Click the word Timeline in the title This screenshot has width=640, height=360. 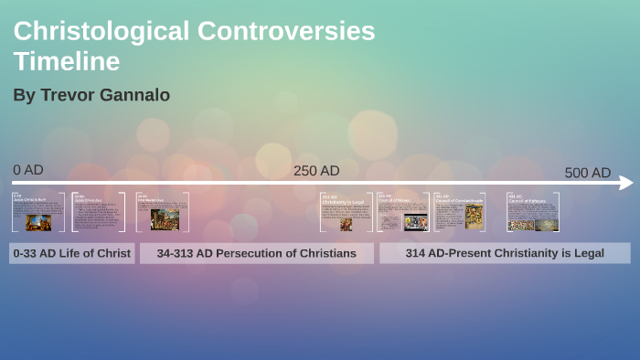[x=66, y=61]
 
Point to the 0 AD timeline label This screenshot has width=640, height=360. [x=28, y=170]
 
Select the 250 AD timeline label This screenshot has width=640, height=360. [x=316, y=171]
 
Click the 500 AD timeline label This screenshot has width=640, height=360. [x=587, y=173]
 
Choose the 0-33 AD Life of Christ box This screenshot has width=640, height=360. [x=72, y=253]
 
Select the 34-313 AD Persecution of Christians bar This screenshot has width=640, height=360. [x=256, y=253]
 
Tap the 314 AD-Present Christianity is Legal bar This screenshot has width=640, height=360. [x=505, y=253]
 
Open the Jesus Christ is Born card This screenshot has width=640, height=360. [x=38, y=212]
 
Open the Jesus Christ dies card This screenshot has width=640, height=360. [x=99, y=212]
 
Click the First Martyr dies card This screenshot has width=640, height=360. [x=163, y=212]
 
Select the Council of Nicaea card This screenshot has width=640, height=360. [x=403, y=212]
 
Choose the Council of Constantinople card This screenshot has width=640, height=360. [x=459, y=212]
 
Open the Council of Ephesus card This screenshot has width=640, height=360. [x=533, y=212]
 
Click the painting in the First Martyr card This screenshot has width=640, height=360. [x=165, y=220]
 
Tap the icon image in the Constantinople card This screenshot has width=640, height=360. [x=475, y=217]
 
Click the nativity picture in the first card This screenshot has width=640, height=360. [x=38, y=222]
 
